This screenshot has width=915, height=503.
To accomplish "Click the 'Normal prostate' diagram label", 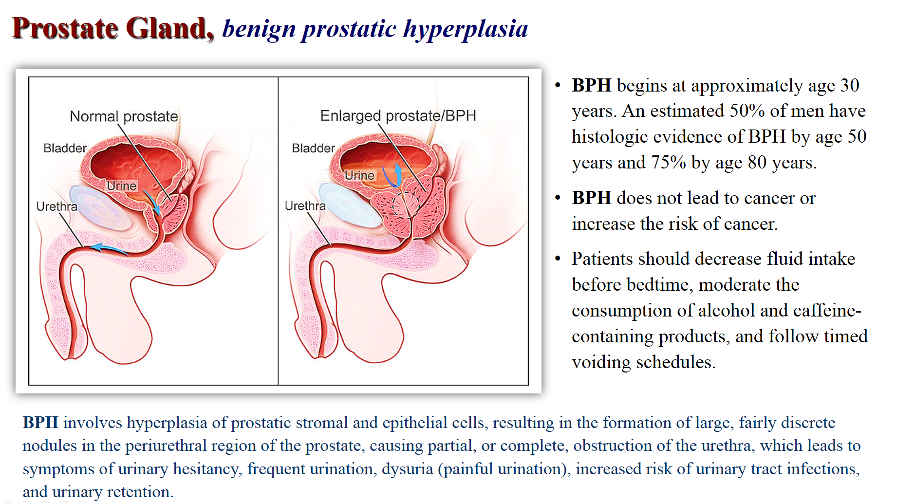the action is coord(124,116).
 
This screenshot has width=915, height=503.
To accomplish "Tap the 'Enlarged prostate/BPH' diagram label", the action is coord(398,116).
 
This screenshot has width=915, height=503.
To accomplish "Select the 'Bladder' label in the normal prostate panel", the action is coord(65,148).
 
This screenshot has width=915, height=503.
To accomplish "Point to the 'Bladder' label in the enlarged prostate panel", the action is coord(313,148).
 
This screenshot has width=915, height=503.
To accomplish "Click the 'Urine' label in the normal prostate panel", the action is coord(122,186).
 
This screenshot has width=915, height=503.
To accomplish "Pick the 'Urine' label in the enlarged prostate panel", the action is coord(360,175).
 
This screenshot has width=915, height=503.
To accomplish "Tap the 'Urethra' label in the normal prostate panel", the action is coord(56,206).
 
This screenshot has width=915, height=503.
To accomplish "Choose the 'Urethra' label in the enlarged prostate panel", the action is coord(305,206).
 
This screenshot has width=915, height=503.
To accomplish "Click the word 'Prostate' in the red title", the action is coord(65,28).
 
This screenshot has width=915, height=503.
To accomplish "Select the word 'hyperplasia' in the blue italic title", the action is coord(466,29).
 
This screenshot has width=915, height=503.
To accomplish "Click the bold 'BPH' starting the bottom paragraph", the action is coord(40,423).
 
